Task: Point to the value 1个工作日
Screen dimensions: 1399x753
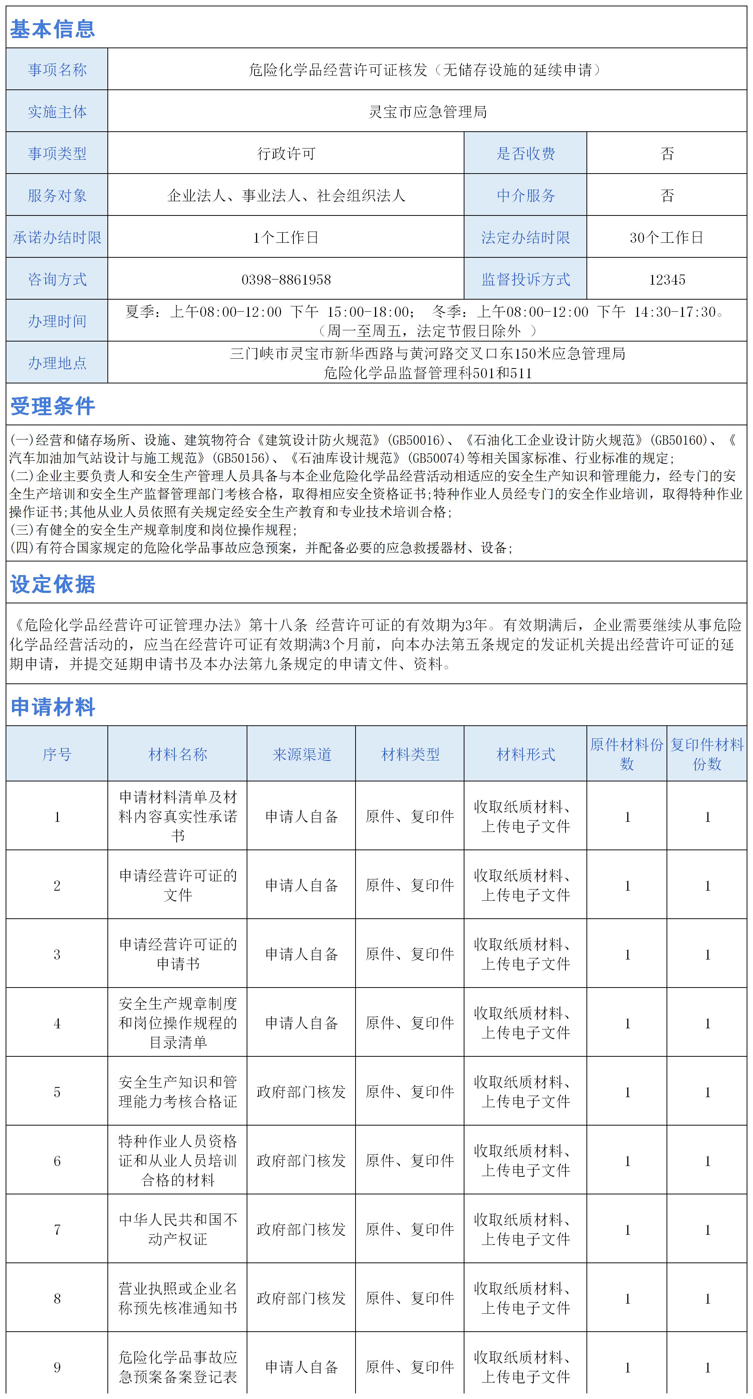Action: pos(286,237)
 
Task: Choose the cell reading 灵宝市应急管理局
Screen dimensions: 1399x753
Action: pos(427,112)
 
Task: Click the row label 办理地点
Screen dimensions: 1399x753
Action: pos(57,363)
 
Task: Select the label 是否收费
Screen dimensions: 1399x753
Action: pos(525,154)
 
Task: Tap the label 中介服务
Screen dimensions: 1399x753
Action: pos(525,196)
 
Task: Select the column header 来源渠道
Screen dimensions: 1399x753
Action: pos(302,754)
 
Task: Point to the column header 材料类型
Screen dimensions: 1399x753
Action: pos(410,754)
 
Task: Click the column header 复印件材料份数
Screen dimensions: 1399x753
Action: pos(707,754)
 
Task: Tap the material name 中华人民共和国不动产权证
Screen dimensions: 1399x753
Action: pos(178,1229)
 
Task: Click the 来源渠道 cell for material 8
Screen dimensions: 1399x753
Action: pos(302,1298)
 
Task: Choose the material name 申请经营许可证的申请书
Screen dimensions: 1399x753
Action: pos(178,954)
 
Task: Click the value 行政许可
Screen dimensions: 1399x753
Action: pos(286,154)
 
